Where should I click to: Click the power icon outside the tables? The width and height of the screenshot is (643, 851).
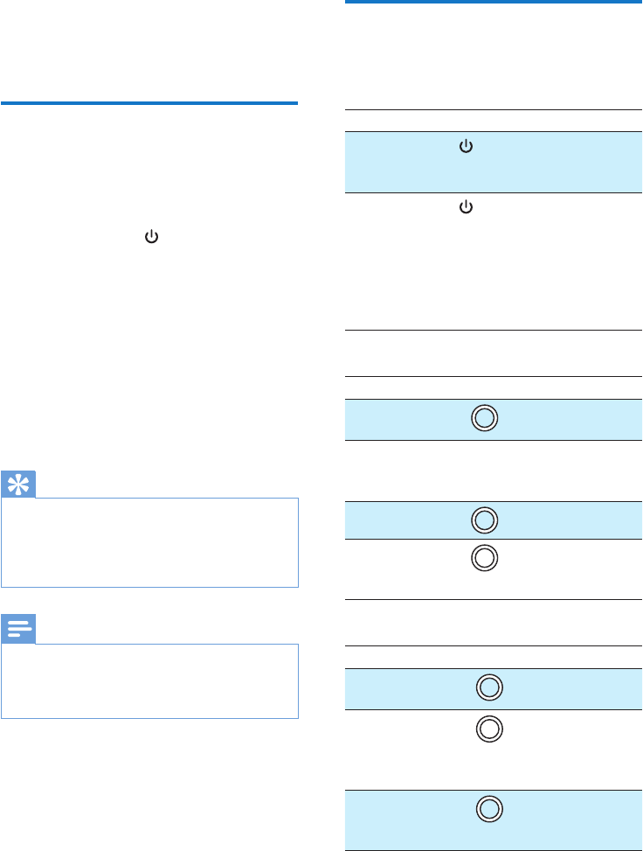pos(152,236)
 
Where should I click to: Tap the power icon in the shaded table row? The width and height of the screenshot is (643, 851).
pos(466,149)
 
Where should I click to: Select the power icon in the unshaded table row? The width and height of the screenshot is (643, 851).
pos(466,207)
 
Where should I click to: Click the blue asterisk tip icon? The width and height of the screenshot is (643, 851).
pos(18,486)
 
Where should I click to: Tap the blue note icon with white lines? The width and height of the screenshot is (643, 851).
pos(18,631)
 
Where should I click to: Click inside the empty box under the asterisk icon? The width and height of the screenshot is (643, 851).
pos(149,542)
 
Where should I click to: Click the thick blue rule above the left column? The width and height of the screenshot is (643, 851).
pos(149,103)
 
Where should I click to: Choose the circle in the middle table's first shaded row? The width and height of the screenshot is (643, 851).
pos(484,418)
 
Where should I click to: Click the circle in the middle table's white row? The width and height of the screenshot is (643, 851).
pos(484,557)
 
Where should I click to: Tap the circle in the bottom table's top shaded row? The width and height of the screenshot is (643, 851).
pos(490,687)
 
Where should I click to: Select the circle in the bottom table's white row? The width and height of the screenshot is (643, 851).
pos(490,728)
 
